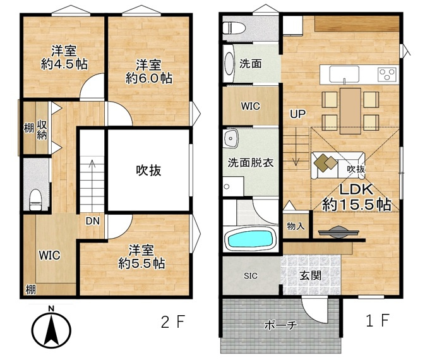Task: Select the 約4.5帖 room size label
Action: coord(64,64)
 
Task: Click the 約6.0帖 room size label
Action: coord(149,78)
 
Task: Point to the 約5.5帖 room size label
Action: coord(141,263)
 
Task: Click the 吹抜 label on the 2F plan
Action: coord(148,171)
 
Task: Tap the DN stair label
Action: coord(93,221)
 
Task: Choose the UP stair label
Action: coord(298,114)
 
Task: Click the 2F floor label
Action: coord(173,321)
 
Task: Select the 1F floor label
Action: coord(378,320)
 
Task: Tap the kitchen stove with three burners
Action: coord(387,75)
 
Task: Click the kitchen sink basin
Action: coord(344,74)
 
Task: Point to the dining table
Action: coord(350,111)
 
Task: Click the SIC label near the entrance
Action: coord(251,276)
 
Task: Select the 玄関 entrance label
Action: coord(310,276)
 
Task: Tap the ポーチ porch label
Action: coord(281,325)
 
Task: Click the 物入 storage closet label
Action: coord(296,226)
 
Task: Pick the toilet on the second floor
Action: coord(35,200)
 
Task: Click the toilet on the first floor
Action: coord(234,28)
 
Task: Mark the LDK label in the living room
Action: coord(356,189)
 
